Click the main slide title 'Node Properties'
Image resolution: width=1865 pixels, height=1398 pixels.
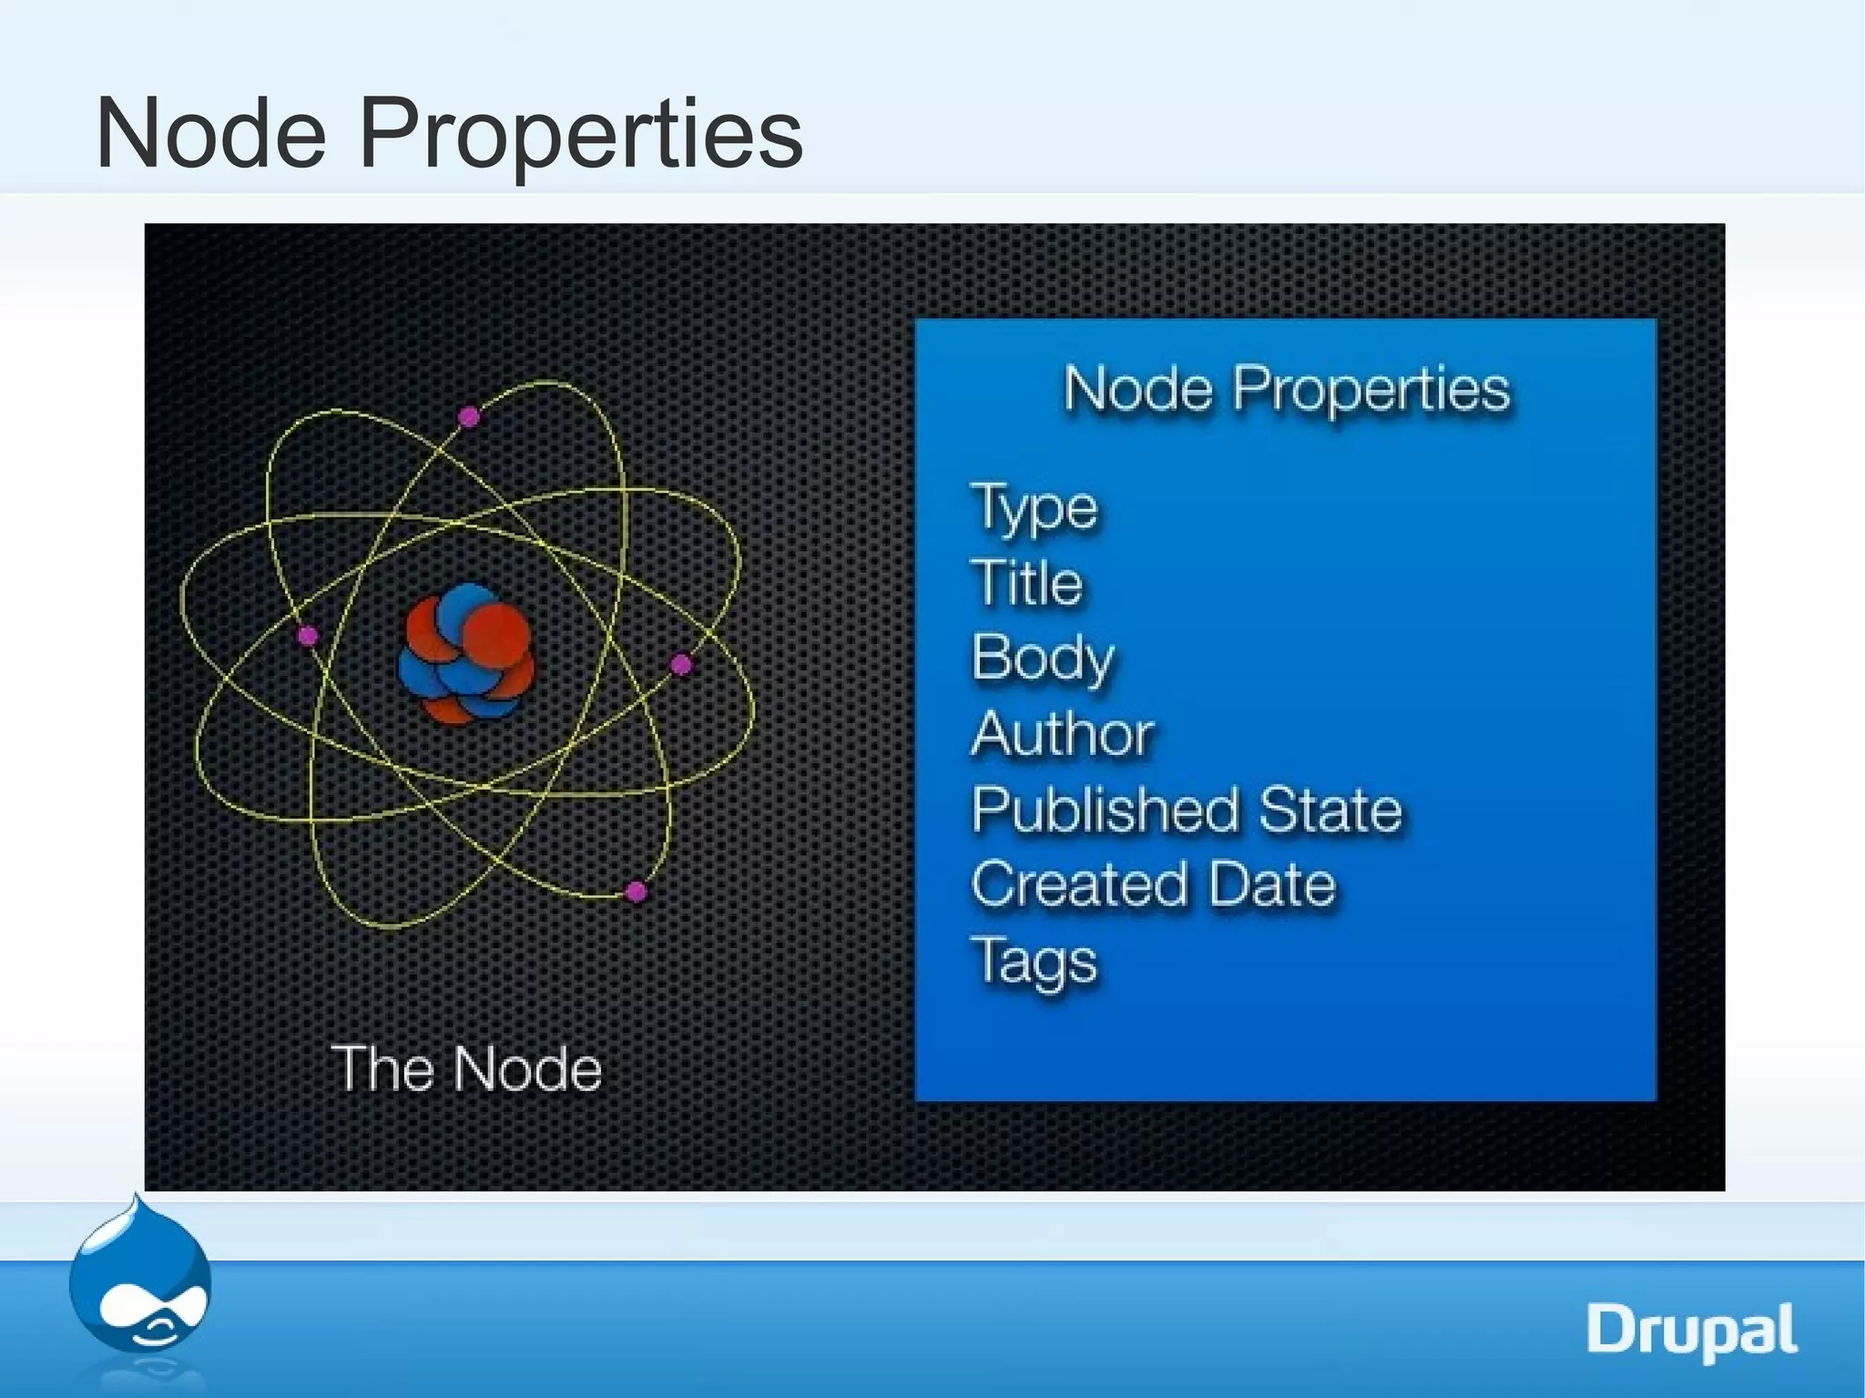pyautogui.click(x=449, y=135)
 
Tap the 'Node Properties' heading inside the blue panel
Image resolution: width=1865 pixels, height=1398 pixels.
pyautogui.click(x=1286, y=390)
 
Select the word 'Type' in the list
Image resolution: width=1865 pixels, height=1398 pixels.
pyautogui.click(x=1034, y=507)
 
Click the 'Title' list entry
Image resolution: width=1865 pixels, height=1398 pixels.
pyautogui.click(x=1027, y=583)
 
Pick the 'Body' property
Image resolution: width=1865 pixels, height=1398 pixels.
pyautogui.click(x=1043, y=658)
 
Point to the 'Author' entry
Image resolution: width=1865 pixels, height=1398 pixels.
pyautogui.click(x=1063, y=733)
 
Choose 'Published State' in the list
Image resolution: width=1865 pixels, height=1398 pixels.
pyautogui.click(x=1187, y=810)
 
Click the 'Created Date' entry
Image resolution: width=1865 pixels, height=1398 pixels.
pyautogui.click(x=1153, y=884)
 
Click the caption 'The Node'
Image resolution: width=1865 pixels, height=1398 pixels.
pyautogui.click(x=465, y=1068)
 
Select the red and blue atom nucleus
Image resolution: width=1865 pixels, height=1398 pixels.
pyautogui.click(x=466, y=652)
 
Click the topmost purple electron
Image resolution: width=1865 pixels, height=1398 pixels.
pyautogui.click(x=469, y=418)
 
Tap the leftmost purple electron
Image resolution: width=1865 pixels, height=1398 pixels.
pyautogui.click(x=308, y=636)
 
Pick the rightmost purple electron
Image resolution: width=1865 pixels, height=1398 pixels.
pyautogui.click(x=681, y=665)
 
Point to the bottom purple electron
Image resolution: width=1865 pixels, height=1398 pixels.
pyautogui.click(x=637, y=891)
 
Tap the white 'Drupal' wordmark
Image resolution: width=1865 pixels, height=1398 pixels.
pyautogui.click(x=1692, y=1332)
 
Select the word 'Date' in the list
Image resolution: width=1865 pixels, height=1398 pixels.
pyautogui.click(x=1272, y=884)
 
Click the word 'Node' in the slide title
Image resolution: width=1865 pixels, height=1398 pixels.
pyautogui.click(x=210, y=135)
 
